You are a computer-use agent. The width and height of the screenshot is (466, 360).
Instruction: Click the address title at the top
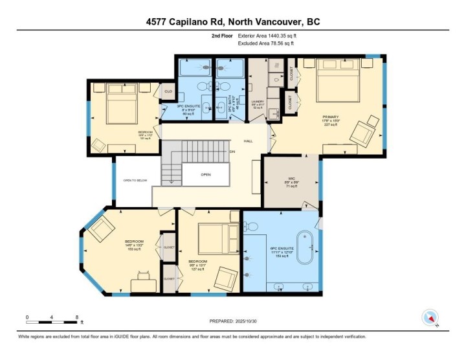coord(233,22)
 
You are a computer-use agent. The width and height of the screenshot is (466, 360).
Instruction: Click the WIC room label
coord(291,179)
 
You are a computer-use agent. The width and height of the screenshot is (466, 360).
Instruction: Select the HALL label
coord(248,141)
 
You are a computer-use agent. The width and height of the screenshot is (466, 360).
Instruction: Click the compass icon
coord(431,318)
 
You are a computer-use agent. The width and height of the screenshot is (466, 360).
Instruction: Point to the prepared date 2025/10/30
coord(233,321)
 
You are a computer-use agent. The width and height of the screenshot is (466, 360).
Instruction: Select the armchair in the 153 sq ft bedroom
coord(102,229)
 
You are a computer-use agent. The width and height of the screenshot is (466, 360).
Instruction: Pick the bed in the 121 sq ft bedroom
coord(120,106)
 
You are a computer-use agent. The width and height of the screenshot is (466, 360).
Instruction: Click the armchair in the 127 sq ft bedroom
coord(227,278)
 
